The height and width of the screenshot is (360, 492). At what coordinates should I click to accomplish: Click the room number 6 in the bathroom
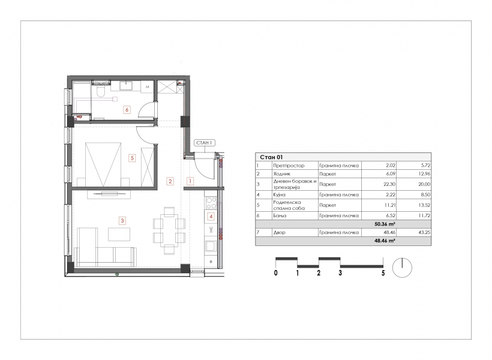[127, 110]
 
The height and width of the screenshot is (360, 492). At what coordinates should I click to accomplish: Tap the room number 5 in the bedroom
[132, 158]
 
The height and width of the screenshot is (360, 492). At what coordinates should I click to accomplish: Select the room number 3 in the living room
[122, 221]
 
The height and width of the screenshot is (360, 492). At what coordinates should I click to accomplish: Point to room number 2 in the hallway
[170, 181]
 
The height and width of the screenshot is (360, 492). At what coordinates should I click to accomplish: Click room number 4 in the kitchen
[211, 216]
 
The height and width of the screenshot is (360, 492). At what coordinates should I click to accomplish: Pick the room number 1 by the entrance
[190, 181]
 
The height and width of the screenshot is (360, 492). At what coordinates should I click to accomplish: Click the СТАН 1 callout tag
[204, 143]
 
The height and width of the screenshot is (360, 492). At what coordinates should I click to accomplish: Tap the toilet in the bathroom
[101, 91]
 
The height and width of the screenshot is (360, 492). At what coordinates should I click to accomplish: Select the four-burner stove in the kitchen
[211, 203]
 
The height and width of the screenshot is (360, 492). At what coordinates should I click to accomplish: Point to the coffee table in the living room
[119, 234]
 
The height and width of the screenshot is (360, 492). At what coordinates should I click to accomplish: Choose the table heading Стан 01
[271, 157]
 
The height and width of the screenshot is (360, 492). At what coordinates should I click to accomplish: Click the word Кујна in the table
[279, 195]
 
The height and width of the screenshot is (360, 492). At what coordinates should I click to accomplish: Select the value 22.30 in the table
[389, 184]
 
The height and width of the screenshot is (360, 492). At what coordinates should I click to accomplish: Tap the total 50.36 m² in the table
[385, 224]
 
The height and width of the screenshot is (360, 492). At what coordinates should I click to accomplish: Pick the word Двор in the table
[279, 233]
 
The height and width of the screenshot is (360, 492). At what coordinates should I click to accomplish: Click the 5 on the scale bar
[383, 273]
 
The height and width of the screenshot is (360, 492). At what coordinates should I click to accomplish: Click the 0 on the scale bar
[276, 273]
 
